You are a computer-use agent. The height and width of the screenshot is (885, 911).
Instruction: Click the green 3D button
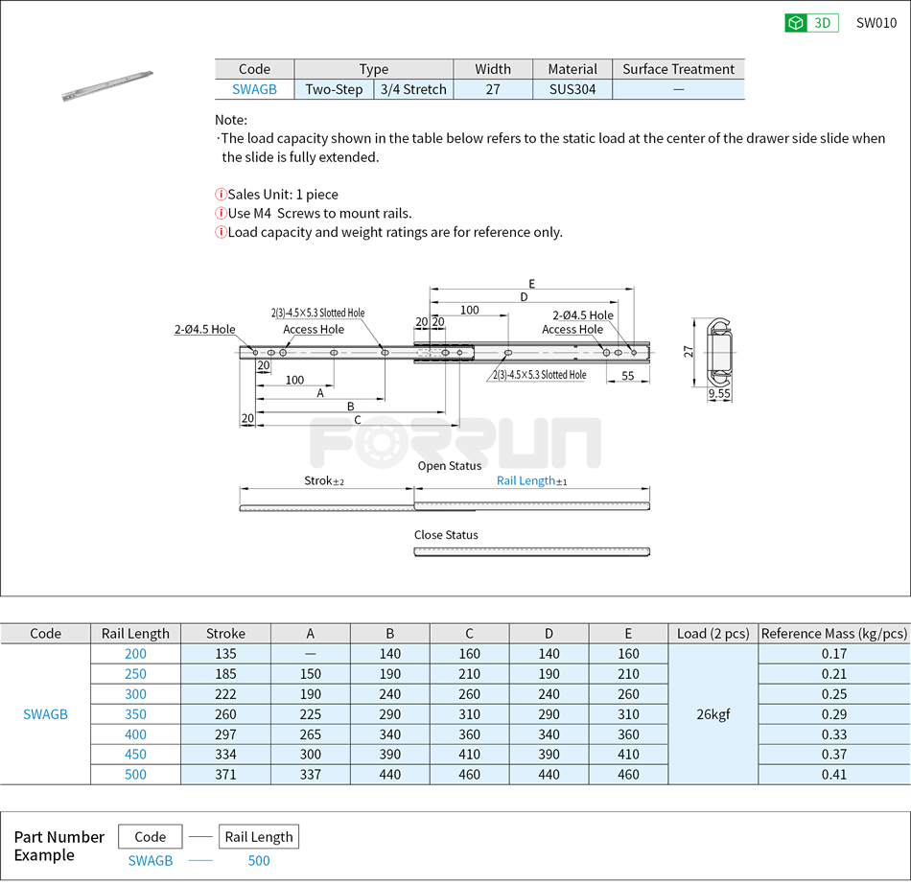point(811,23)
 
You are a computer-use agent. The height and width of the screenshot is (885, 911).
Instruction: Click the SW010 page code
point(876,23)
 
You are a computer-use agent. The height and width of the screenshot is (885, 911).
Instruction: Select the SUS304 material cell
point(572,89)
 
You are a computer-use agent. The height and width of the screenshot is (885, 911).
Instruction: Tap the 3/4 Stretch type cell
point(413,89)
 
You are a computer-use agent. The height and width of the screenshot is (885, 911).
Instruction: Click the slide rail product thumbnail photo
point(106,84)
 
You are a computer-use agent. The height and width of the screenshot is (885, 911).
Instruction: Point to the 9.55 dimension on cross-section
point(719,394)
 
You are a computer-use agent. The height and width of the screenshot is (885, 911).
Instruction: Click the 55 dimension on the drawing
point(628,376)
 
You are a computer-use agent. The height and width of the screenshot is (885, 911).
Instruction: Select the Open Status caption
point(449,466)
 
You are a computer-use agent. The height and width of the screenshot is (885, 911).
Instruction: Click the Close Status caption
point(446,535)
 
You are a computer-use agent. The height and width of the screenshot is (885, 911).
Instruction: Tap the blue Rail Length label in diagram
point(526,480)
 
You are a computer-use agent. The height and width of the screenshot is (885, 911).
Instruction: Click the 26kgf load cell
point(712,714)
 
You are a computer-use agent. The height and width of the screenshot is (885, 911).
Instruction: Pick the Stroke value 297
point(225,734)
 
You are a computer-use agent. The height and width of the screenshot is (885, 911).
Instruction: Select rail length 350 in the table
point(135,714)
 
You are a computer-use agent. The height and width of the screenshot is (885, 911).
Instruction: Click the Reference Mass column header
point(833,634)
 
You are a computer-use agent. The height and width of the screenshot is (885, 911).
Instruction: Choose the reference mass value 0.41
point(833,775)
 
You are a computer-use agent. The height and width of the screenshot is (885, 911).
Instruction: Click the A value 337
point(310,775)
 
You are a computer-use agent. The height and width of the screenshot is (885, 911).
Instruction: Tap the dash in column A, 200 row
point(310,654)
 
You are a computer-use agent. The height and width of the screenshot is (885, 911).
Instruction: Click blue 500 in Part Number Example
point(259,861)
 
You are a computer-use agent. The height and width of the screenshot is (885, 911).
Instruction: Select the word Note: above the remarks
point(231,120)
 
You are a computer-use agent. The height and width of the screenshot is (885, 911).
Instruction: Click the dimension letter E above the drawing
point(531,283)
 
